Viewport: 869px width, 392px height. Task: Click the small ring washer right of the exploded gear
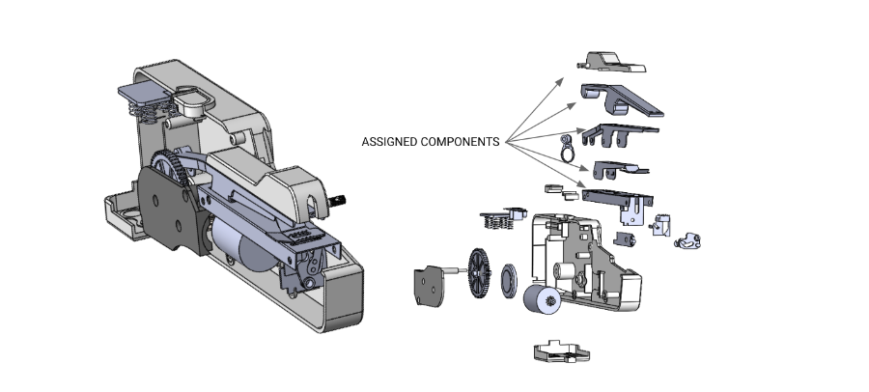(507, 282)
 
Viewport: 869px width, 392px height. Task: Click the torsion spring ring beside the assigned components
(565, 148)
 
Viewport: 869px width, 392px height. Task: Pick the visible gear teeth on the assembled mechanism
(175, 168)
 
